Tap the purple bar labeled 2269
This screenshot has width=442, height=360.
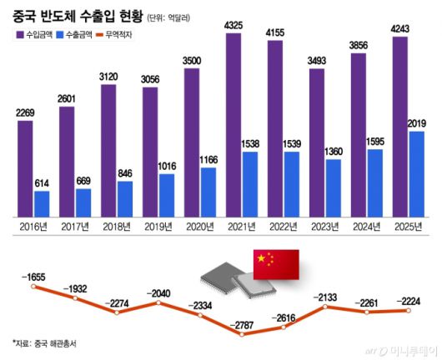point(25,167)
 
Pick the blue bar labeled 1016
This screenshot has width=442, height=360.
point(167,193)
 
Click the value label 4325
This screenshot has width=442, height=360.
point(234,26)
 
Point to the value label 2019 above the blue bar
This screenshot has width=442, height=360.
point(417,123)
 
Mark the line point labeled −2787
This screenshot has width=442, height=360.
point(241,335)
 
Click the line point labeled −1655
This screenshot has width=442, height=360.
point(34,287)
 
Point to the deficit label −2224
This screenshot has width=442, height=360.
point(408,301)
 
